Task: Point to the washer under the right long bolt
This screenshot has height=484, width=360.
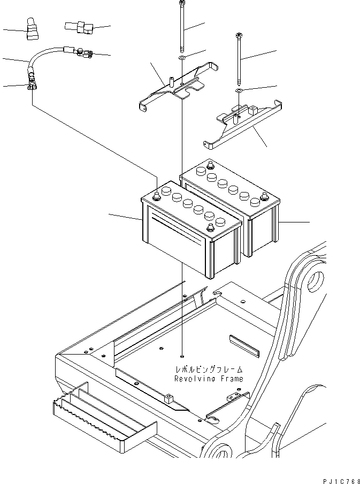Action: coord(238,91)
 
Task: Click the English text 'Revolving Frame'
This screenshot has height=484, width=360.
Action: coord(208,379)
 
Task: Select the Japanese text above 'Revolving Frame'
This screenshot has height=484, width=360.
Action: coord(208,370)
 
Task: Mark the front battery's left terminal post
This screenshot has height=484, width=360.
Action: coord(156,196)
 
